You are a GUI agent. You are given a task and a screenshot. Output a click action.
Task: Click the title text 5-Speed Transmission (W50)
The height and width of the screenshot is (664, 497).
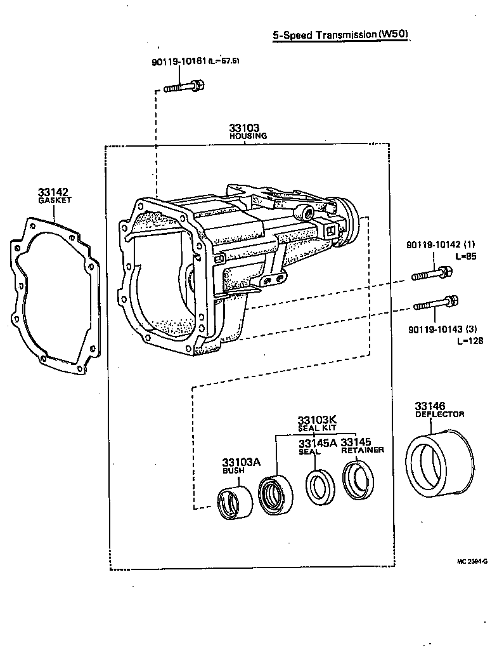tap(340, 35)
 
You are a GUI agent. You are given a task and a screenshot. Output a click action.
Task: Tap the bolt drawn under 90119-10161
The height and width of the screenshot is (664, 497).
tap(183, 86)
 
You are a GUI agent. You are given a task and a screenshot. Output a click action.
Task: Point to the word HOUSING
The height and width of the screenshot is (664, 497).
tap(248, 136)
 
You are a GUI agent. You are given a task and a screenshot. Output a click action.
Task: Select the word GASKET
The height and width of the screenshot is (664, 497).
tap(55, 200)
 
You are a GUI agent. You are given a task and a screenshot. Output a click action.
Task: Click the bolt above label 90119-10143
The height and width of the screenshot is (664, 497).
tap(436, 303)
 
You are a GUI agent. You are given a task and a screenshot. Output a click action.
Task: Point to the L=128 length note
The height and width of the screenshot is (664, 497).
tap(469, 341)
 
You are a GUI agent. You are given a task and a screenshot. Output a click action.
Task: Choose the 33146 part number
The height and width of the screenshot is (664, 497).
tap(430, 406)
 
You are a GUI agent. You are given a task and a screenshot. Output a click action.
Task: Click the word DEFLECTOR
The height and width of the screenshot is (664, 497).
tap(439, 415)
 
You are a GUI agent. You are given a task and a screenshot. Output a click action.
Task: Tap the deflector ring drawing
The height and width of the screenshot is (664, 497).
tap(439, 463)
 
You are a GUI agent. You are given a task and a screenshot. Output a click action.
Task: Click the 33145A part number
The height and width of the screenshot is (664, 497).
tap(317, 442)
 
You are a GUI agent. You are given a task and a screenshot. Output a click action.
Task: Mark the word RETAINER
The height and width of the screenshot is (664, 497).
tap(363, 450)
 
